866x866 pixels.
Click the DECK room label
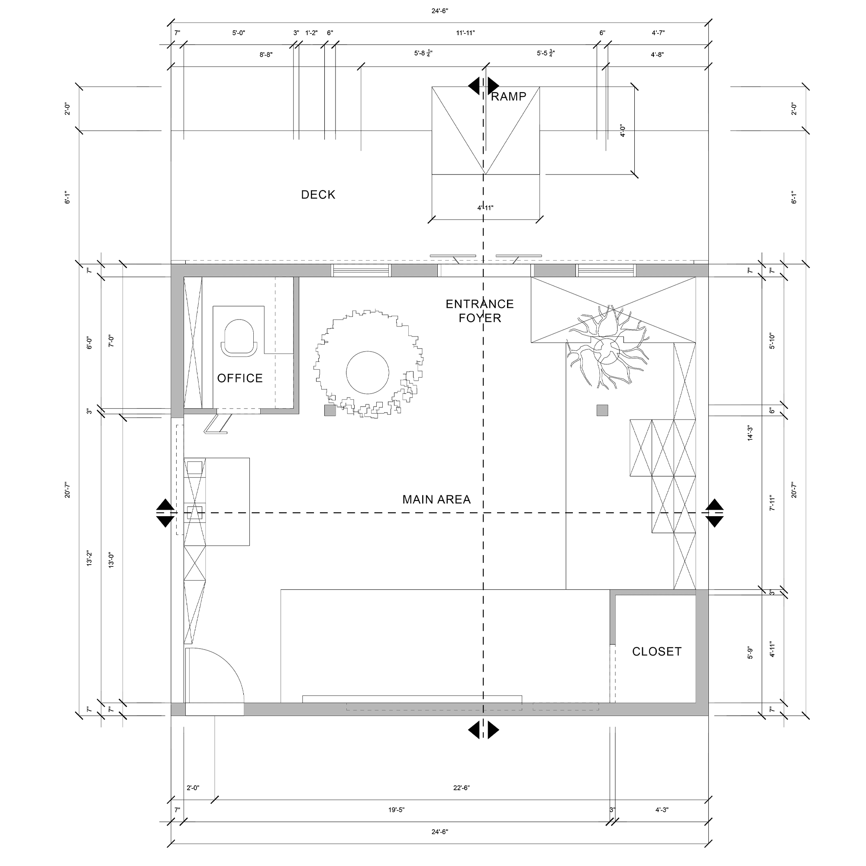[x=318, y=194]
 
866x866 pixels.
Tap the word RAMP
[x=509, y=97]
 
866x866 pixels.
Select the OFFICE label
[x=240, y=378]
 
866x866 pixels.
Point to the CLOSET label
[x=657, y=651]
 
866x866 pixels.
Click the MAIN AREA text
[x=436, y=499]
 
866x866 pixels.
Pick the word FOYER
[x=480, y=318]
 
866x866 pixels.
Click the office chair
[x=239, y=338]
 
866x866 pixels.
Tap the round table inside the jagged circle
[x=368, y=372]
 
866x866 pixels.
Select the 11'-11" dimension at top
[x=466, y=33]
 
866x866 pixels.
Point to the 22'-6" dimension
[x=461, y=788]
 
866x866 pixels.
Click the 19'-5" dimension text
[x=396, y=810]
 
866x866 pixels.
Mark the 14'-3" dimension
[x=750, y=433]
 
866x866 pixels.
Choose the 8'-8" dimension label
[x=266, y=55]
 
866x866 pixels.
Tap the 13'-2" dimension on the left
[x=89, y=558]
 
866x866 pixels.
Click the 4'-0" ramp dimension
[x=623, y=130]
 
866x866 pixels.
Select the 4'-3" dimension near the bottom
[x=662, y=810]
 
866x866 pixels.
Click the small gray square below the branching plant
[x=602, y=410]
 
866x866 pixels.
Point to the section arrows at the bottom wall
[x=483, y=730]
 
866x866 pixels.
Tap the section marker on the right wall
[x=714, y=513]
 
